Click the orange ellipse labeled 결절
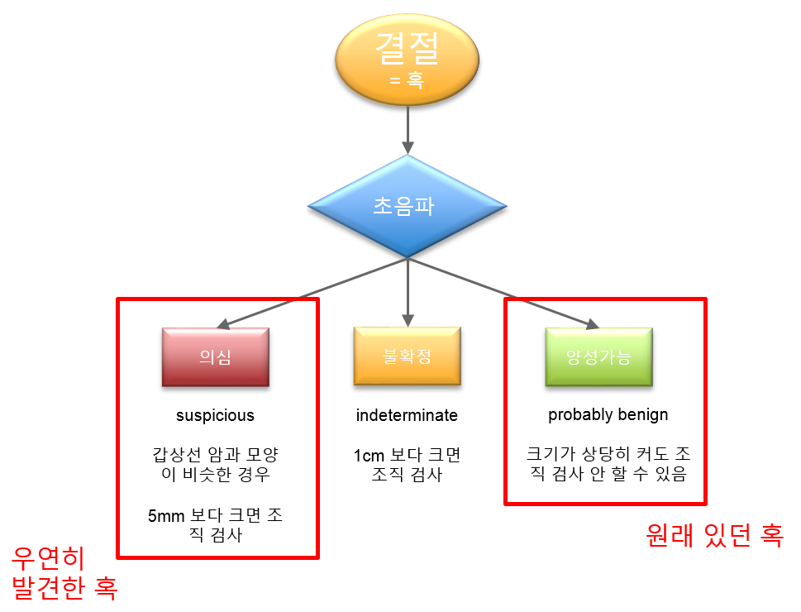[x=408, y=60]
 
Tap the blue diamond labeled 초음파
[x=408, y=206]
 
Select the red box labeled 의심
[x=216, y=357]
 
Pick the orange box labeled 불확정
[x=408, y=356]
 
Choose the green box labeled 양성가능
[x=598, y=357]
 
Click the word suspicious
[x=215, y=415]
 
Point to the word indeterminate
[x=407, y=415]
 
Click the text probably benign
[x=608, y=414]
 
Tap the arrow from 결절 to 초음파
[x=408, y=130]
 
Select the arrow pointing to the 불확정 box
[x=408, y=293]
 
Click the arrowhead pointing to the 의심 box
[x=223, y=323]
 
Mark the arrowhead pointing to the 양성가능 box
[x=592, y=323]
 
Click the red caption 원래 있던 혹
[x=714, y=535]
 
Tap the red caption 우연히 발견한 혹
[x=64, y=572]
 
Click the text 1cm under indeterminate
[x=369, y=455]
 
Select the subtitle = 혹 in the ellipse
[x=408, y=80]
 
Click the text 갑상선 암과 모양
[x=216, y=454]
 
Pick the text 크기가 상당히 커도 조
[x=608, y=453]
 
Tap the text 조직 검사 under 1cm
[x=408, y=475]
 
